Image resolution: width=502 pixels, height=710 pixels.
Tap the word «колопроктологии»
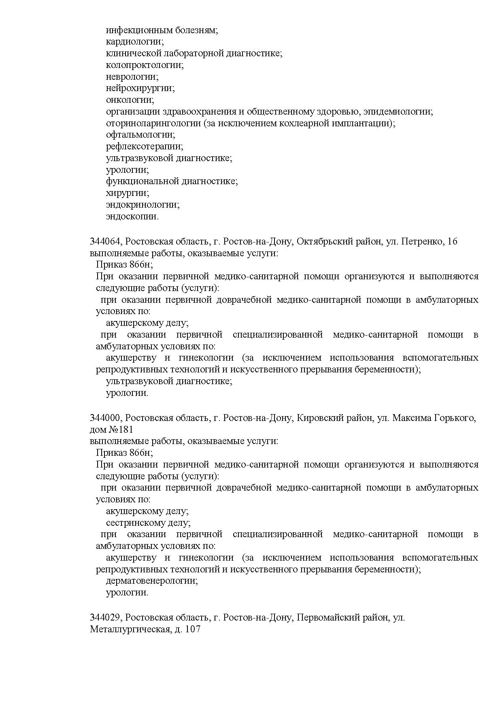pos(145,65)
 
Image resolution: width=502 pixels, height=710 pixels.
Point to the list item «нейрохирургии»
pos(140,88)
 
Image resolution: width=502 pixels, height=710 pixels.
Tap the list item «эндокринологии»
pos(143,205)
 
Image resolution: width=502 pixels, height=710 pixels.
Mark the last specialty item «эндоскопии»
pos(132,217)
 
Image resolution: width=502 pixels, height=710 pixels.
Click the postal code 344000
pos(105,418)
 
